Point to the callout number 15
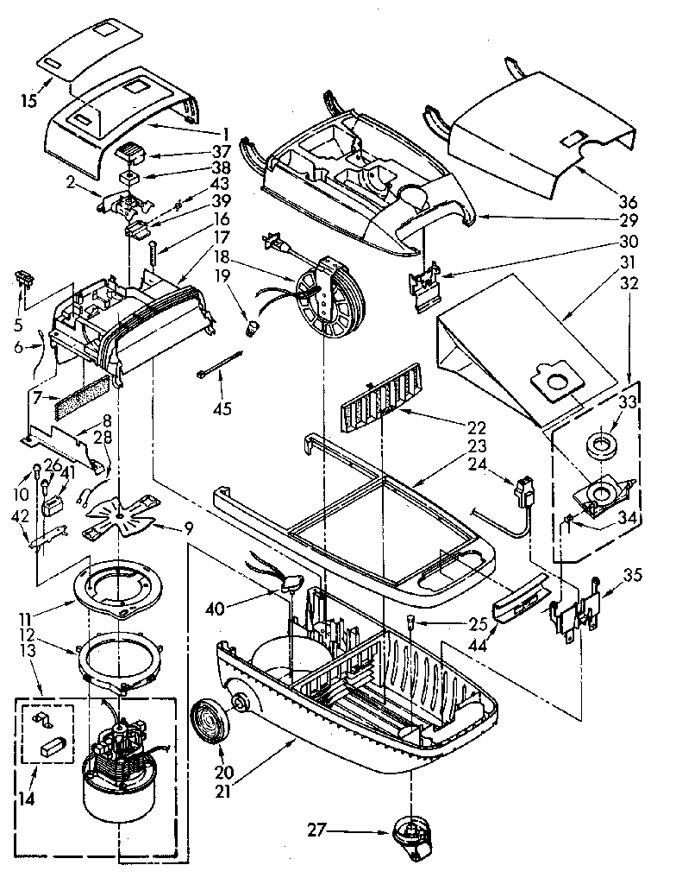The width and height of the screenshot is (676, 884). (28, 101)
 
